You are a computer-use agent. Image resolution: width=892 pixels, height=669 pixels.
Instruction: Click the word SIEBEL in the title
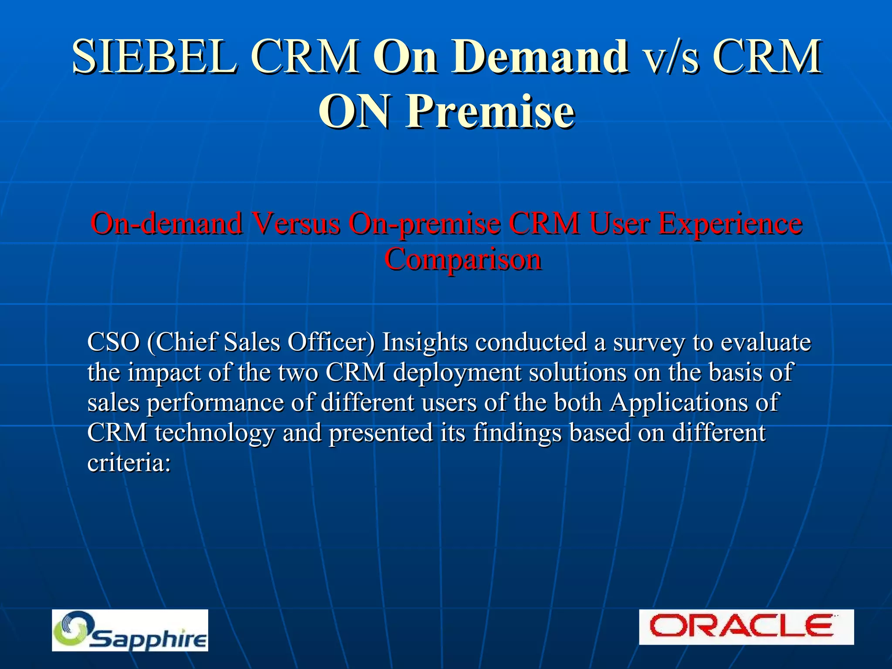click(x=155, y=57)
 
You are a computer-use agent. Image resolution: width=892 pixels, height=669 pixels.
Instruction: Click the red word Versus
click(x=297, y=223)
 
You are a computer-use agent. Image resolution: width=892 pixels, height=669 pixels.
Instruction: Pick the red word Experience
click(x=730, y=223)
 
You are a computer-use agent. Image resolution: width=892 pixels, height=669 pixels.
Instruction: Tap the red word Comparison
click(x=463, y=259)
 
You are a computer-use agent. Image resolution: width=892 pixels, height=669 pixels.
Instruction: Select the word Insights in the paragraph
click(x=425, y=342)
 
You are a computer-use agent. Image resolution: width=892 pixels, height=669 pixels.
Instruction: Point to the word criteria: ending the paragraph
click(x=129, y=462)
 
